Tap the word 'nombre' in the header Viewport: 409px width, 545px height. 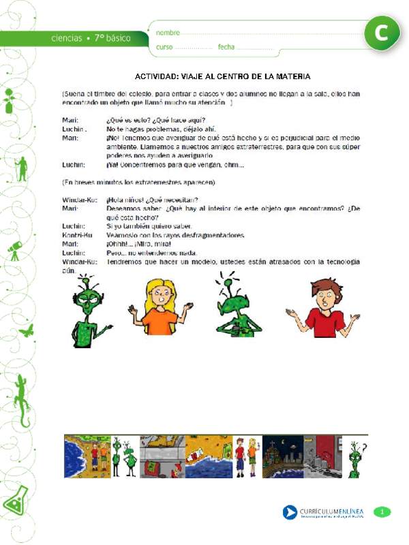(168, 33)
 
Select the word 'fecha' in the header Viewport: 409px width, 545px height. (226, 47)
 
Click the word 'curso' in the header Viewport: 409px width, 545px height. (165, 47)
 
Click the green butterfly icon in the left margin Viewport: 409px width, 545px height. (26, 331)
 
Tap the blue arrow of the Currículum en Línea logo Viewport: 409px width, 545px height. (290, 512)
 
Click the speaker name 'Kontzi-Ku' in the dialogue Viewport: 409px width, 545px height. (76, 235)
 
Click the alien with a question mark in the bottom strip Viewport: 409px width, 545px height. (355, 456)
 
